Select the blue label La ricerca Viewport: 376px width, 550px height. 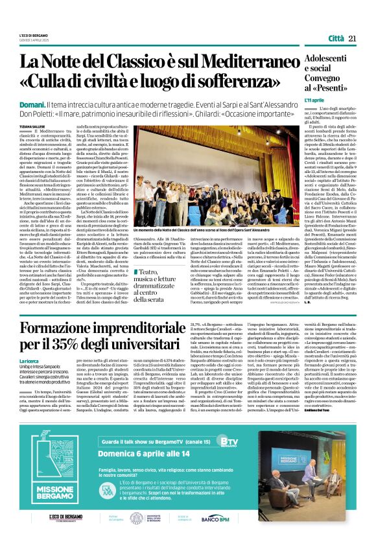pos(29,360)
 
